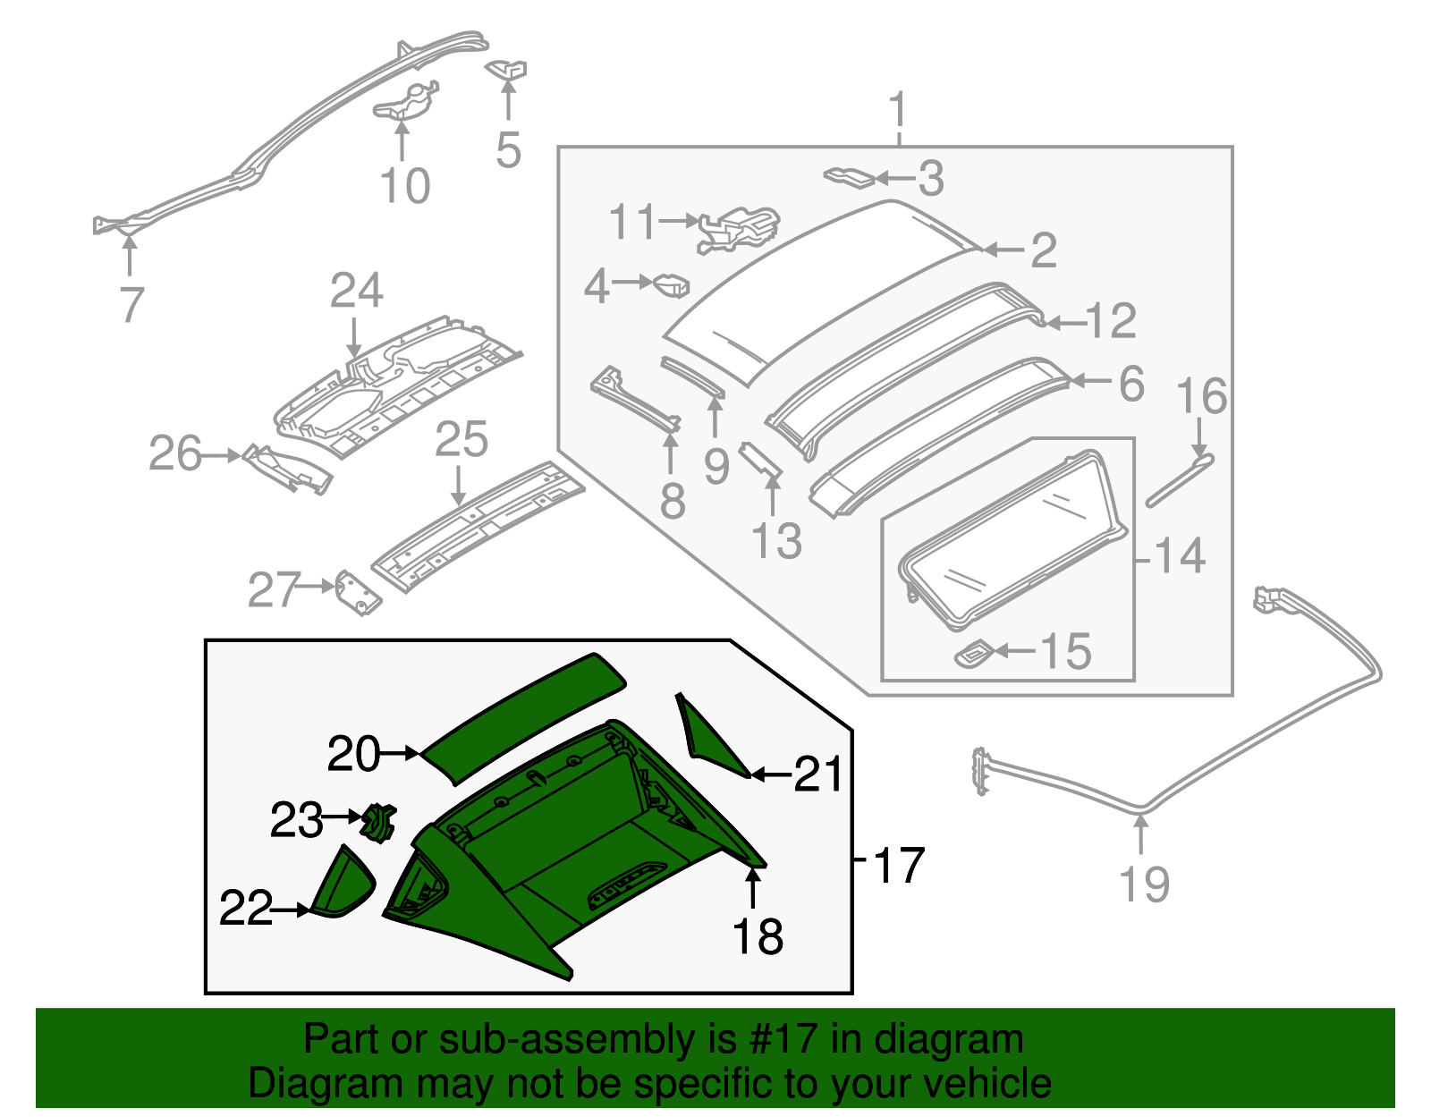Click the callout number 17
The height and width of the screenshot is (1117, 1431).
(x=898, y=865)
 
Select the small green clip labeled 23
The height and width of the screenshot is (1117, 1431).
(x=378, y=822)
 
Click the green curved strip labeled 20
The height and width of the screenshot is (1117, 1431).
(x=523, y=715)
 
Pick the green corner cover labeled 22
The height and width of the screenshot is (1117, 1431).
(x=344, y=885)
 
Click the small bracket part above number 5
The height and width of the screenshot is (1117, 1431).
(x=507, y=69)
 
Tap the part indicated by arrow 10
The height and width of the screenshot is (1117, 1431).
(x=404, y=102)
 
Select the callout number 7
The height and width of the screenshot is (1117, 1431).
(x=131, y=304)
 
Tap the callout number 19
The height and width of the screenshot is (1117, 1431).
(x=1144, y=884)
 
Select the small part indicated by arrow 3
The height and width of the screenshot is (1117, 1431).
(x=849, y=175)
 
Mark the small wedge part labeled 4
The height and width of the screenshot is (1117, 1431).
(x=672, y=285)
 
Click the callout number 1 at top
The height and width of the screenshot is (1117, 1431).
(x=898, y=111)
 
